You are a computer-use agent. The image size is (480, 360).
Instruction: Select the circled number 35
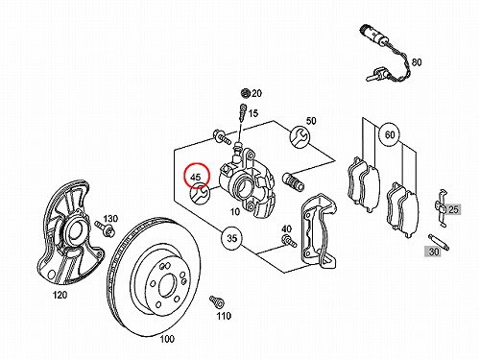pos(232,238)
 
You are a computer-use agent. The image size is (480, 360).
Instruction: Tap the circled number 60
pos(390,134)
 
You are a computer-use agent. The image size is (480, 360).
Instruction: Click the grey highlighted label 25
pos(453,209)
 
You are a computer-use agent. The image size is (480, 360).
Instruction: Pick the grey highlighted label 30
pos(433,252)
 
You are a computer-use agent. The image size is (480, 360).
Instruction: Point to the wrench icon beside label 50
pos(300,136)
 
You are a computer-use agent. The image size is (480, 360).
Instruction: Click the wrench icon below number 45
pos(200,194)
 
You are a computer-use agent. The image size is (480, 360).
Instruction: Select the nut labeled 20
pos(246,93)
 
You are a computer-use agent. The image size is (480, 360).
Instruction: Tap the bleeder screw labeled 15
pos(242,112)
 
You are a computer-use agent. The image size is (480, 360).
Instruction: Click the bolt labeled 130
pos(105,228)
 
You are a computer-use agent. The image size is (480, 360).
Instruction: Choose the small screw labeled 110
pos(216,302)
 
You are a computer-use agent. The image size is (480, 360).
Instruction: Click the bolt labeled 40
pos(289,240)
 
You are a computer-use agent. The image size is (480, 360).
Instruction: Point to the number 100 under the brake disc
pos(167,339)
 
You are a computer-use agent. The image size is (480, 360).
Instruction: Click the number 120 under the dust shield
pos(60,295)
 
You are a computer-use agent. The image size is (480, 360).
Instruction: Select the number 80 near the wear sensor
pos(417,62)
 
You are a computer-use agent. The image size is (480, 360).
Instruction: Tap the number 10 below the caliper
pos(235,211)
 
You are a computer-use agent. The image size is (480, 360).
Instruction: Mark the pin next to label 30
pos(439,242)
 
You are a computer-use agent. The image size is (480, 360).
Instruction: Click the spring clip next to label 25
pos(442,207)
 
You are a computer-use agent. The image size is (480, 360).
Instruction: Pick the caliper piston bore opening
pos(242,186)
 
